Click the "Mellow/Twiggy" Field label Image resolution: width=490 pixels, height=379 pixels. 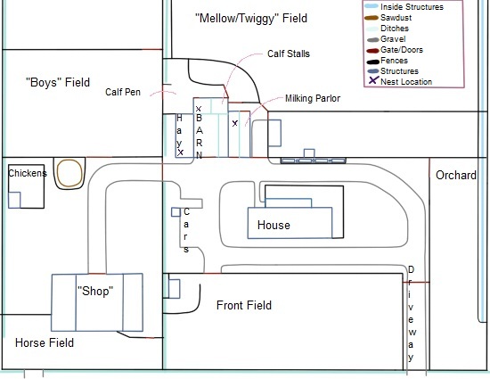251,19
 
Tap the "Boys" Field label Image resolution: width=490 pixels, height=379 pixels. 58,83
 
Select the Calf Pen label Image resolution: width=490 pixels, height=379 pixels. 123,92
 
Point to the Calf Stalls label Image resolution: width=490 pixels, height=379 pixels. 289,54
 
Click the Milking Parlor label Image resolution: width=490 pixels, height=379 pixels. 313,98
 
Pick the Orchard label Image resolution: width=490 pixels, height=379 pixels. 456,175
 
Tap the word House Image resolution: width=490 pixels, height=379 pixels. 274,225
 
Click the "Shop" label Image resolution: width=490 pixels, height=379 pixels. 95,291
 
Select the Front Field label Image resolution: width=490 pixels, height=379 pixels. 244,305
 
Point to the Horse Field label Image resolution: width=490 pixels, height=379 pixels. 45,343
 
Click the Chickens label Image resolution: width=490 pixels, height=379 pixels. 28,173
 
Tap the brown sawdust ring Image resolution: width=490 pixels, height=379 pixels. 69,173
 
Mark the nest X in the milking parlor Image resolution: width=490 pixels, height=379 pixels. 235,123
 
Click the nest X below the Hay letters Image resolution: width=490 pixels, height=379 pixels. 180,152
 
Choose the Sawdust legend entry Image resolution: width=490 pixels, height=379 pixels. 388,18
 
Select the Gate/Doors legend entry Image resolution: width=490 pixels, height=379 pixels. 395,50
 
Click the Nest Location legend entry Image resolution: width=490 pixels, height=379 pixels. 400,81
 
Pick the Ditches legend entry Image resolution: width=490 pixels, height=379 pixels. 387,29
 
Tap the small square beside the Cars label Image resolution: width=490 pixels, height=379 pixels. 176,212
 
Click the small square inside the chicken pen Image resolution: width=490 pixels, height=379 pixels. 14,200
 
